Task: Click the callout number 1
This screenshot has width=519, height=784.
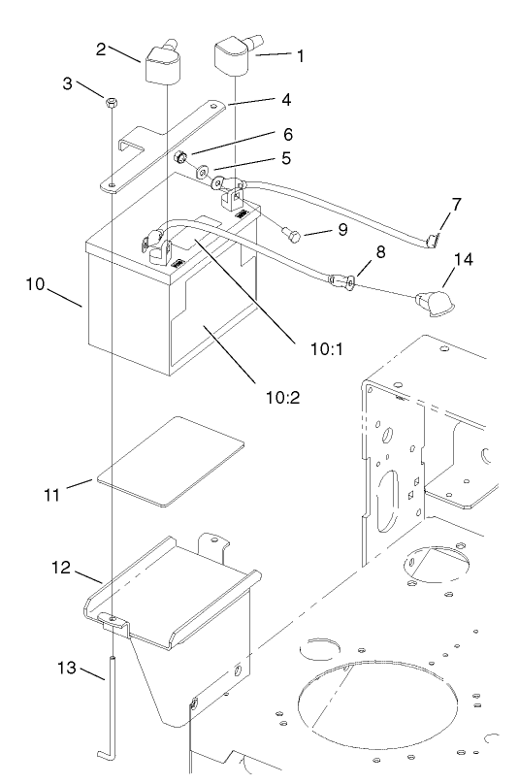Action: (x=300, y=56)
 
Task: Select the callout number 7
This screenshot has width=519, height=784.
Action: (x=456, y=205)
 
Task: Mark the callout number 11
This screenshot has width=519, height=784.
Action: (x=54, y=495)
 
